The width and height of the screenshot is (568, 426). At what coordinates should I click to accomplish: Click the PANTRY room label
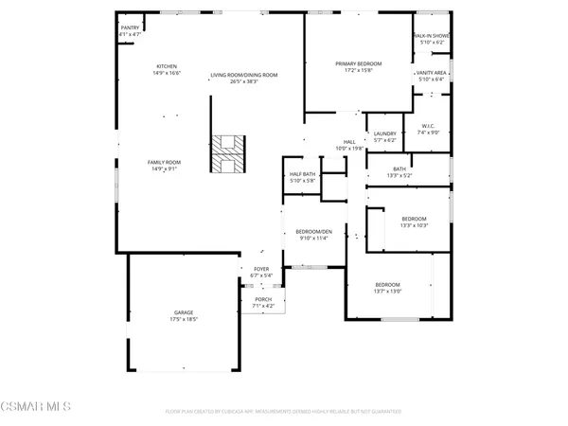point(130,28)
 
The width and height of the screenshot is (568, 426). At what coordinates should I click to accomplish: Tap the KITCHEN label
point(167,67)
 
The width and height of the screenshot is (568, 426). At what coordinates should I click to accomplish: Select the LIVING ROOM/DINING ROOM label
point(243,74)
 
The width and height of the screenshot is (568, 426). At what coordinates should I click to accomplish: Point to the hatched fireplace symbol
point(227,157)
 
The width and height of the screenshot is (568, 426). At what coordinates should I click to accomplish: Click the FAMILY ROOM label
point(164,162)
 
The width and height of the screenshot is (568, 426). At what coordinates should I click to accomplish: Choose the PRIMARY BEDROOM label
point(357,63)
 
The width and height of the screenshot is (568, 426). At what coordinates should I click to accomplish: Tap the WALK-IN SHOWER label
point(432,36)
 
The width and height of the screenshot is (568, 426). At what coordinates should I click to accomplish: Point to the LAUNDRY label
point(384,133)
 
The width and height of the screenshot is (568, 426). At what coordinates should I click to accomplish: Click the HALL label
point(350,143)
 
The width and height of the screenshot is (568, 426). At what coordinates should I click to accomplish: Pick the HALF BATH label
point(302,175)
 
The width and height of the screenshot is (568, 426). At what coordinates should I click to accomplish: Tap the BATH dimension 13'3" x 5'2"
point(399,175)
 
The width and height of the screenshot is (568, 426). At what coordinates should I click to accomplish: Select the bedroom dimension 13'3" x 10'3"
point(415,224)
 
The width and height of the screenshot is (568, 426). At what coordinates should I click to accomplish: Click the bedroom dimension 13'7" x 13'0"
point(388,292)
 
